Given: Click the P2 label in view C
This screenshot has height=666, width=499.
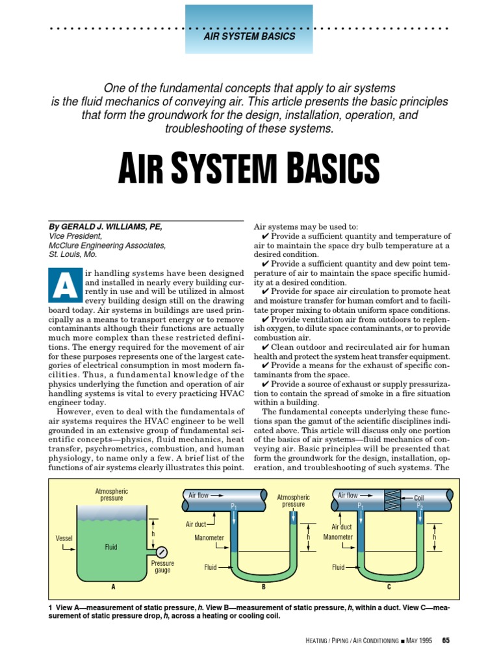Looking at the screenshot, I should (x=420, y=506).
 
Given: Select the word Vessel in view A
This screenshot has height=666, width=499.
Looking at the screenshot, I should (x=64, y=539).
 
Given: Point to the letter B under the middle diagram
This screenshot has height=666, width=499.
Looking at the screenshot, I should (x=264, y=586).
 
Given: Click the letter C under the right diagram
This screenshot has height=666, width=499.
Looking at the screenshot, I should (x=389, y=586).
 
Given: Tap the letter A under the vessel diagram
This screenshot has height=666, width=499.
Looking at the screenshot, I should (x=113, y=586).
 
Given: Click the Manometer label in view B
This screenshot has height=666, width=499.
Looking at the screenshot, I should (x=209, y=538).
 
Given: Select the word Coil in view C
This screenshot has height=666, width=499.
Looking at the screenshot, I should (x=423, y=498).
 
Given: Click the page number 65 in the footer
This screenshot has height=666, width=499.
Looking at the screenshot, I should (x=446, y=641).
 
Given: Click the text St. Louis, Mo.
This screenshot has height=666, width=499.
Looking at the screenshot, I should (x=72, y=254).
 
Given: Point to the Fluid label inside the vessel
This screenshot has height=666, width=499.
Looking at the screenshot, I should (x=111, y=547).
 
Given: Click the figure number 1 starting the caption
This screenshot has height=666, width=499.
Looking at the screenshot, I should (x=51, y=607).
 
